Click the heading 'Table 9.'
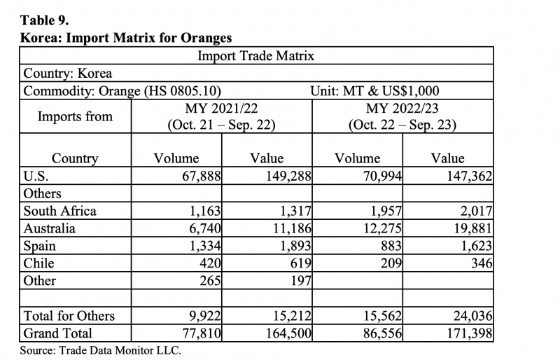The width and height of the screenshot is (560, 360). (44, 20)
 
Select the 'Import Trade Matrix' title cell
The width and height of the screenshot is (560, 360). (256, 56)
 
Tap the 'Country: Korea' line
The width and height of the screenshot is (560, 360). (68, 74)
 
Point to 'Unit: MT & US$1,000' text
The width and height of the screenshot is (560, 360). (374, 91)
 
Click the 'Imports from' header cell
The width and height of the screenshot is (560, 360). (75, 116)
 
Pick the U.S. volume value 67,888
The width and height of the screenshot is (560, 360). (202, 176)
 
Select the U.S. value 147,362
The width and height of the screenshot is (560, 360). (470, 176)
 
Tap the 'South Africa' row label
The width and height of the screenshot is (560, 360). (60, 211)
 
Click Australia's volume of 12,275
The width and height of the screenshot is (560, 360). (382, 228)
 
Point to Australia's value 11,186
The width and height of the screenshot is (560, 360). (292, 228)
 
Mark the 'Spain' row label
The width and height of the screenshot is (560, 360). (40, 247)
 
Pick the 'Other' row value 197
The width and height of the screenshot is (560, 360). (301, 281)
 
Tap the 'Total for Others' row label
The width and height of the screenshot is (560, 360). (69, 316)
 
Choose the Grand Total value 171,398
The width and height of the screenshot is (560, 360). (470, 333)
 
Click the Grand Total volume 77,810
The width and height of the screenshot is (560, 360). (202, 333)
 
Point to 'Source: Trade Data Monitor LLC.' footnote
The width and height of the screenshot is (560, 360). (101, 350)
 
